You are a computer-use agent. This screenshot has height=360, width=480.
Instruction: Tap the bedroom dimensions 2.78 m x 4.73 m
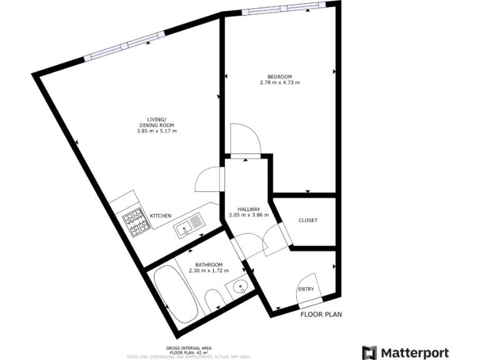279,82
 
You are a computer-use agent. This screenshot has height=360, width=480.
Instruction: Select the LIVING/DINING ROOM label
156,122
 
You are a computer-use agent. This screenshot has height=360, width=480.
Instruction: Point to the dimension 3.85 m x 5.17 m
156,131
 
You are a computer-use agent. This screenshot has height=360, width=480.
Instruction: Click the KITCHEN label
161,216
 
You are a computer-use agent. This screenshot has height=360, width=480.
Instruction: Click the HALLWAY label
249,209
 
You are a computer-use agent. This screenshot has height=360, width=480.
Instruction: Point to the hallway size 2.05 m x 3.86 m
249,215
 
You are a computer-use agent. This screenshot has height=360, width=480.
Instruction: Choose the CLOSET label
307,220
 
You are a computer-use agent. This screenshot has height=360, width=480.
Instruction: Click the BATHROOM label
209,264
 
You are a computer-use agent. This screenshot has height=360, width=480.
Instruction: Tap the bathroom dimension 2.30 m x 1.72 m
209,271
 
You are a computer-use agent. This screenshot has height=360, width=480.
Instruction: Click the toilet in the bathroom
212,300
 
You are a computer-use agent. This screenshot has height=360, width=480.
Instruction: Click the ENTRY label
306,289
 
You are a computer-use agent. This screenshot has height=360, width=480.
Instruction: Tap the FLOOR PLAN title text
321,314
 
